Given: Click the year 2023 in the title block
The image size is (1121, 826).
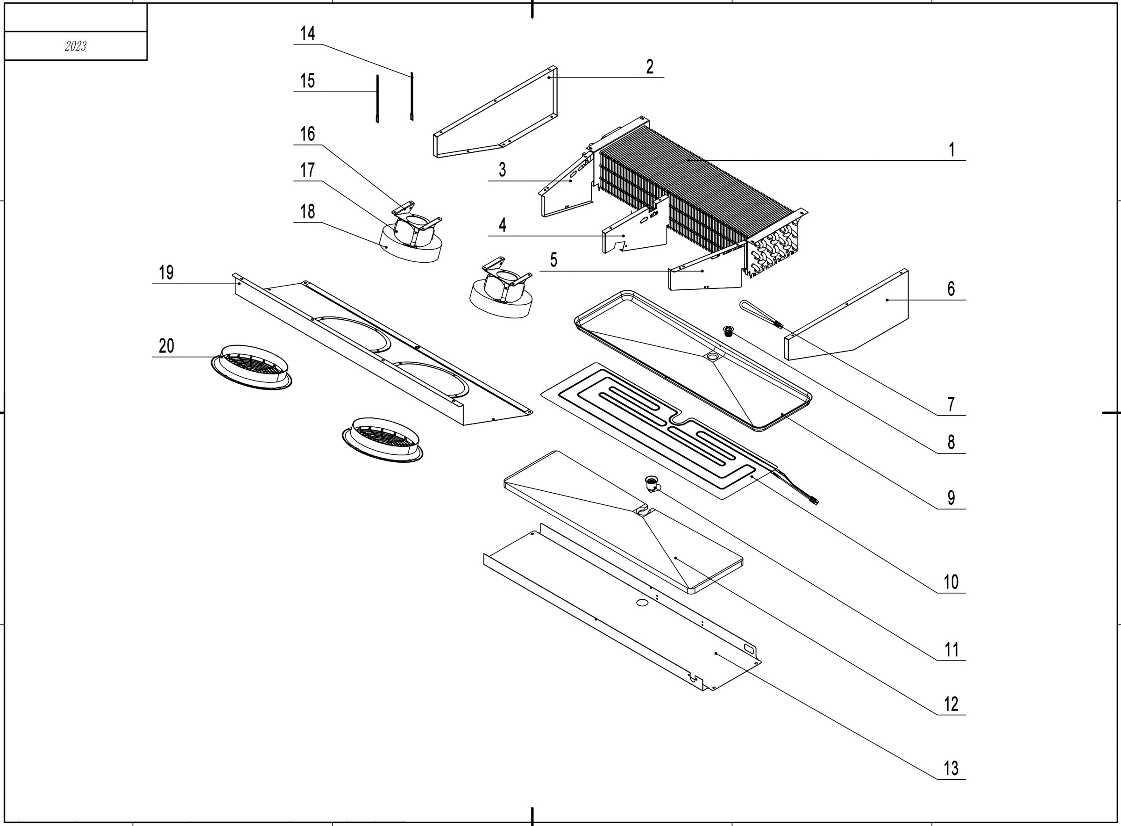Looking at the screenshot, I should pos(75,46).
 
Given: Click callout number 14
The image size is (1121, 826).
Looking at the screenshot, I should pos(308,34).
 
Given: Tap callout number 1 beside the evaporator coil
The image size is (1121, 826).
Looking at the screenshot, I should pos(951,150).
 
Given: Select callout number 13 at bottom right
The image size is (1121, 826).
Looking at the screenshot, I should pos(951,769).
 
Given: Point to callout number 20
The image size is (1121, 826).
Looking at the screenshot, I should pos(166,346).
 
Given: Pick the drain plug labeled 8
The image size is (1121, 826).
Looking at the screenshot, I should pos(728,330).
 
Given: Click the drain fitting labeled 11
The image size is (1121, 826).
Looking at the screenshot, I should pos(651,483).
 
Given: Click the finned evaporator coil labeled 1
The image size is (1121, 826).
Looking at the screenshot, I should pos(699,190).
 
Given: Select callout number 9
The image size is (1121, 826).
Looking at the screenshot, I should pos(951,498).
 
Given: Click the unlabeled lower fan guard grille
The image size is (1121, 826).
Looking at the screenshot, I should pos(382,439).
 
